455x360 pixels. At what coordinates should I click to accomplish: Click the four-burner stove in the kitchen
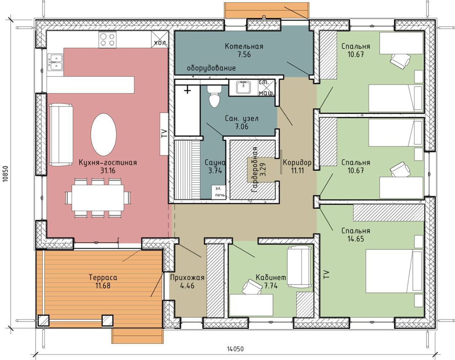pyautogui.click(x=107, y=40)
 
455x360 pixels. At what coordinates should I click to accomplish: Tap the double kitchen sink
pyautogui.click(x=55, y=62)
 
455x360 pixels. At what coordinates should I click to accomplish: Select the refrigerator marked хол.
pyautogui.click(x=160, y=40)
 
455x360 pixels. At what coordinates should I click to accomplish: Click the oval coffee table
pyautogui.click(x=104, y=135)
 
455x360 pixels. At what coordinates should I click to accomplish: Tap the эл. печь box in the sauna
pyautogui.click(x=219, y=192)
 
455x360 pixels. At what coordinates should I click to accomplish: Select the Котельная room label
pyautogui.click(x=244, y=46)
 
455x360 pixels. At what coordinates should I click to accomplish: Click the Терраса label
pyautogui.click(x=103, y=277)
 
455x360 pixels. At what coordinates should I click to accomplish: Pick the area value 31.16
pyautogui.click(x=108, y=171)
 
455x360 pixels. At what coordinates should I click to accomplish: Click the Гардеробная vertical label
pyautogui.click(x=254, y=170)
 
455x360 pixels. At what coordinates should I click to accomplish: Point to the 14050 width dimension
pyautogui.click(x=235, y=349)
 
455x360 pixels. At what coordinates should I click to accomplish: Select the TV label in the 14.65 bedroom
pyautogui.click(x=327, y=274)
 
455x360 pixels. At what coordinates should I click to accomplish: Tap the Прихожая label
pyautogui.click(x=187, y=277)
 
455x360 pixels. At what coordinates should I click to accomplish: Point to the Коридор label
pyautogui.click(x=297, y=162)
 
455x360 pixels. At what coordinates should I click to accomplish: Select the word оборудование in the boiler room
pyautogui.click(x=211, y=68)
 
